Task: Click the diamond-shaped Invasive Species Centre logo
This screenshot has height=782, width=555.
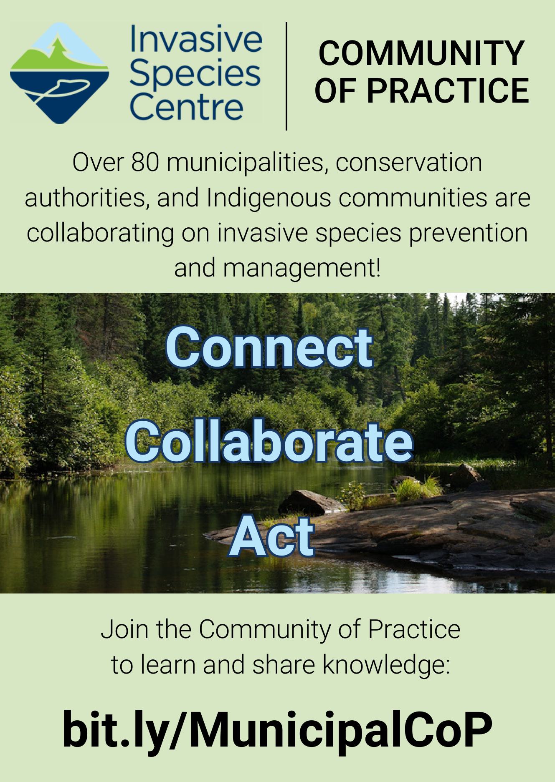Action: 60,73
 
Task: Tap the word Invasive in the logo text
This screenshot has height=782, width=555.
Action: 196,39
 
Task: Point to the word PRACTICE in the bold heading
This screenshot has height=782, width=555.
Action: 448,91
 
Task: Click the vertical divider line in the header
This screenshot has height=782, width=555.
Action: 286,76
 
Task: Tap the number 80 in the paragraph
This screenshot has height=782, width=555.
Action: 145,162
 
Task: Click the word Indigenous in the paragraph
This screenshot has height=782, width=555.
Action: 269,198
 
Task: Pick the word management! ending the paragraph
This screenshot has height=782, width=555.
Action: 302,268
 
